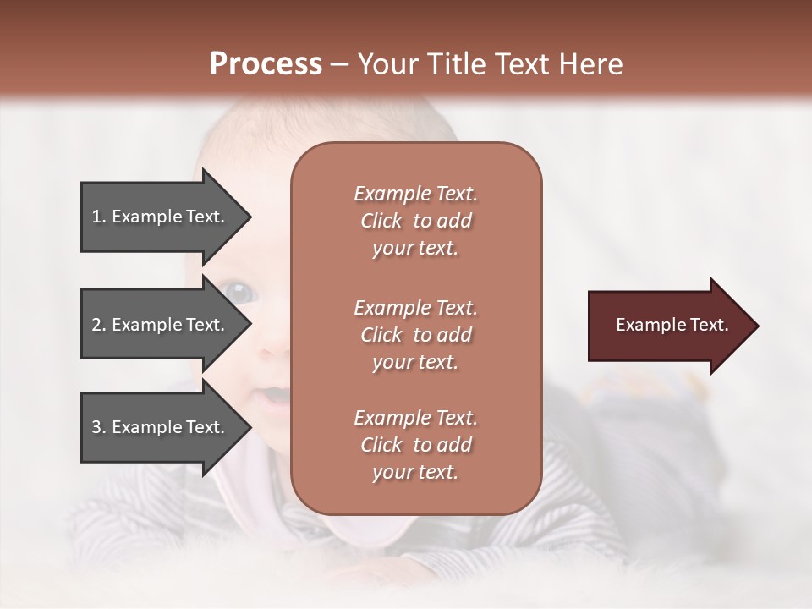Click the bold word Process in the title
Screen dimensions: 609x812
pyautogui.click(x=266, y=64)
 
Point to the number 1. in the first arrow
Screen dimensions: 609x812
pyautogui.click(x=99, y=217)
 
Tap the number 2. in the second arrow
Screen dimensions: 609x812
pyautogui.click(x=99, y=325)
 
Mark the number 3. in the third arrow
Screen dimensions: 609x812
pyautogui.click(x=99, y=427)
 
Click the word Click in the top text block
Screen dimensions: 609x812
pyautogui.click(x=381, y=222)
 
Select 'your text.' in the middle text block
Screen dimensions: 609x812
pyautogui.click(x=415, y=362)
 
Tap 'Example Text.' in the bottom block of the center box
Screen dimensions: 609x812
pyautogui.click(x=415, y=418)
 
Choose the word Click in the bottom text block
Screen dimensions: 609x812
pyautogui.click(x=381, y=445)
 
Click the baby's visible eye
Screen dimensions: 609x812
pyautogui.click(x=240, y=293)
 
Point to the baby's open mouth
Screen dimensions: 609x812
pyautogui.click(x=272, y=394)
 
